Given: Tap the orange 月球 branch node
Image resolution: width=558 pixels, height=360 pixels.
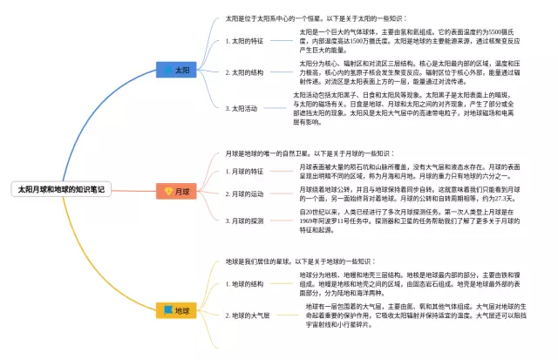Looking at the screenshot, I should (177, 190).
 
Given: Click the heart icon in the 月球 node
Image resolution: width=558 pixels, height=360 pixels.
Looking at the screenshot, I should (168, 190).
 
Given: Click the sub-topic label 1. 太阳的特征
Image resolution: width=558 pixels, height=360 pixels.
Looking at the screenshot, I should (244, 40).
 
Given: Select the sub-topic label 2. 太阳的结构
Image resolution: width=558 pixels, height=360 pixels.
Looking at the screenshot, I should (244, 72).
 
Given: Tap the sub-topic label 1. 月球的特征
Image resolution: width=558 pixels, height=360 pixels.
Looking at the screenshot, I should (244, 171).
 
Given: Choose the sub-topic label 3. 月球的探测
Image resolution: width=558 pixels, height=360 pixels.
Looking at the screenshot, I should (244, 221).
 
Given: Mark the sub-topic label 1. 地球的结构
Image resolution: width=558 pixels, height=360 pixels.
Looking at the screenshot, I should (244, 283).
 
